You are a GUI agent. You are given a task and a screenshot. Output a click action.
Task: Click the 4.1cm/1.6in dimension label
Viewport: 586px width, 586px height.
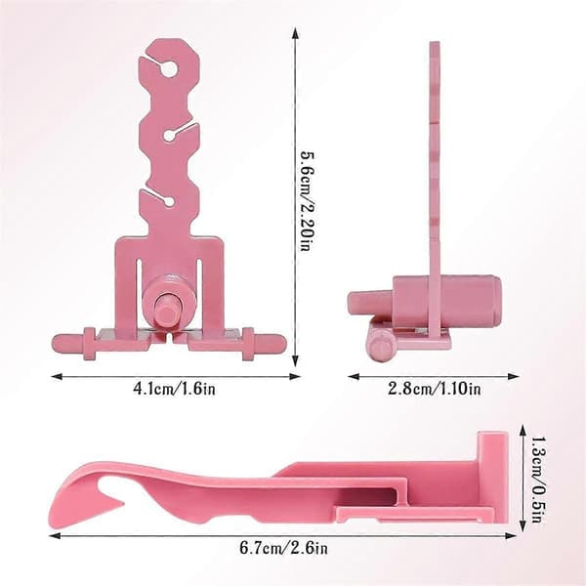click(x=175, y=389)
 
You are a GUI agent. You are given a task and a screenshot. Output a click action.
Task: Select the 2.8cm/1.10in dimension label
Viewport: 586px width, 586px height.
click(x=435, y=389)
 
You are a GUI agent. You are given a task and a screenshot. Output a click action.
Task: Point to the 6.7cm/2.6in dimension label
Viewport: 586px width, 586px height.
click(x=283, y=548)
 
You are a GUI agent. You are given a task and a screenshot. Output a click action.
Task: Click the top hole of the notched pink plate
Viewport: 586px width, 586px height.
click(x=169, y=68)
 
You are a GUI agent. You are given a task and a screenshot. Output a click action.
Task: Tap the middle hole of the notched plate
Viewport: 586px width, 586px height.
click(x=168, y=136)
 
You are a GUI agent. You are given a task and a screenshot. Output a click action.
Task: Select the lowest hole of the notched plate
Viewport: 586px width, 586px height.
click(x=169, y=202)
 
